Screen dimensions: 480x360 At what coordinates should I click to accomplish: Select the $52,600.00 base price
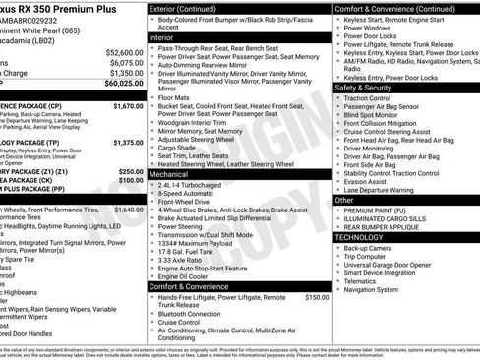point(123,51)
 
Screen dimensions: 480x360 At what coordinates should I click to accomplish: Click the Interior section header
point(161,36)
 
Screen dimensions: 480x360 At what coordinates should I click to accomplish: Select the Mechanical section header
point(168,173)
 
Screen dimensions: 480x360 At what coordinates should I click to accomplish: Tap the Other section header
point(344,200)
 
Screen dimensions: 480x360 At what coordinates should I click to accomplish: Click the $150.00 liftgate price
point(317,297)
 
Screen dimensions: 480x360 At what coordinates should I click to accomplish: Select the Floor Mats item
point(178,98)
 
